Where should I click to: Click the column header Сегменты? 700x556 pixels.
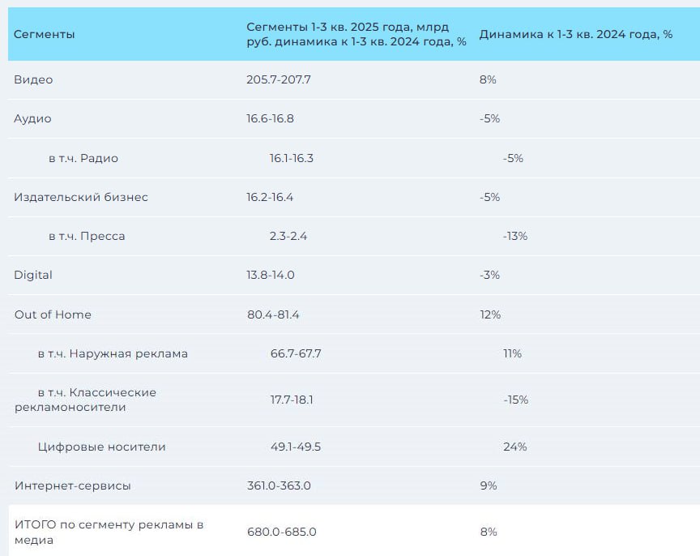pyautogui.click(x=45, y=35)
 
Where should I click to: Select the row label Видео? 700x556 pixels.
pyautogui.click(x=33, y=79)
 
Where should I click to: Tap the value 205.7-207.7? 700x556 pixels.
pyautogui.click(x=279, y=79)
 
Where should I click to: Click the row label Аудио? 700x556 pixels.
pyautogui.click(x=32, y=118)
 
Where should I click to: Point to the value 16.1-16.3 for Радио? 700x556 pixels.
pyautogui.click(x=291, y=158)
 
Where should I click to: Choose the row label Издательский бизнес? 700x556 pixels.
pyautogui.click(x=81, y=197)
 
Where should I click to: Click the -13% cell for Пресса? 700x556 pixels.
pyautogui.click(x=514, y=236)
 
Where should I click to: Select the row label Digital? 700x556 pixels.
pyautogui.click(x=33, y=275)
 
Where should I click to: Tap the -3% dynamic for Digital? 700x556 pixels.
pyautogui.click(x=489, y=275)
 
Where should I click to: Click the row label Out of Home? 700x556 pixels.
pyautogui.click(x=53, y=314)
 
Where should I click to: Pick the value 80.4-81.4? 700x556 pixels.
pyautogui.click(x=273, y=314)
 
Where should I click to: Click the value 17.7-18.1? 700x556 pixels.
pyautogui.click(x=292, y=400)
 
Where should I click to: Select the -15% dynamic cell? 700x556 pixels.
pyautogui.click(x=515, y=400)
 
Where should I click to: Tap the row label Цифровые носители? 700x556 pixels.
pyautogui.click(x=101, y=447)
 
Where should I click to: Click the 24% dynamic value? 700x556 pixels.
pyautogui.click(x=514, y=447)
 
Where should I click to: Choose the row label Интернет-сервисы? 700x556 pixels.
pyautogui.click(x=72, y=485)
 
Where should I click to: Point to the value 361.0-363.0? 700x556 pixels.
pyautogui.click(x=279, y=485)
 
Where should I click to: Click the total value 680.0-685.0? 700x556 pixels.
pyautogui.click(x=281, y=532)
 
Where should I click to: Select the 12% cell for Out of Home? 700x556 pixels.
pyautogui.click(x=490, y=314)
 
